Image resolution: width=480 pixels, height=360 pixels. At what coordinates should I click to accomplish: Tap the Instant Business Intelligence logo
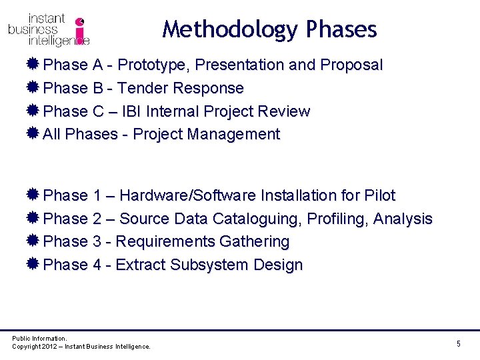click(49, 30)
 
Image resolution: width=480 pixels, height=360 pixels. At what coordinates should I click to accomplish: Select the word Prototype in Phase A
click(154, 65)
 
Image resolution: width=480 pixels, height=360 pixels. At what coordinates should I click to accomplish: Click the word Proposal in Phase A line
click(351, 65)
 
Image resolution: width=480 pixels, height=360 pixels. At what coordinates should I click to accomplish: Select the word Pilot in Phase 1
click(380, 196)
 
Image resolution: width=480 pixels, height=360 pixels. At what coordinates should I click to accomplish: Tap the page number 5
click(459, 343)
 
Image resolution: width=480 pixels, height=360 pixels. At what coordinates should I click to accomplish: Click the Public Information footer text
click(39, 339)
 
